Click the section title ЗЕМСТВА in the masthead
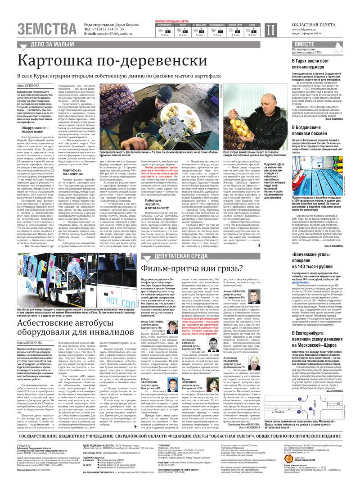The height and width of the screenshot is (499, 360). click(x=47, y=28)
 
